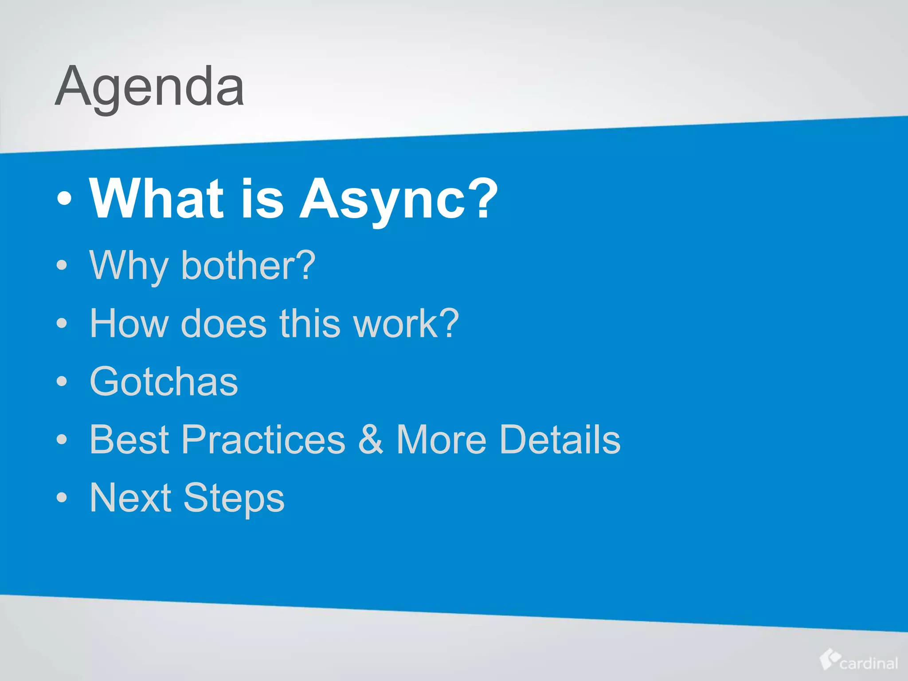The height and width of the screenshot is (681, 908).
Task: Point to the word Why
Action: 129,266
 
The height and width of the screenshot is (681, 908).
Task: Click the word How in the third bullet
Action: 129,324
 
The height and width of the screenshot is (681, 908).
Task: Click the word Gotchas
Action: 164,382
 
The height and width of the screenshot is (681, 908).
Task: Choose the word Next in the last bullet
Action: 130,497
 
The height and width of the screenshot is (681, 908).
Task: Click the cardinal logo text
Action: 869,663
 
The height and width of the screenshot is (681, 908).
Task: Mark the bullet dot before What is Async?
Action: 64,199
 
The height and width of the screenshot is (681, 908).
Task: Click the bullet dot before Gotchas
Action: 62,381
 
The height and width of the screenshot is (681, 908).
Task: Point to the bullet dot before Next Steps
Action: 62,497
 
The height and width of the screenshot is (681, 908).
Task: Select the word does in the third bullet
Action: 224,324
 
